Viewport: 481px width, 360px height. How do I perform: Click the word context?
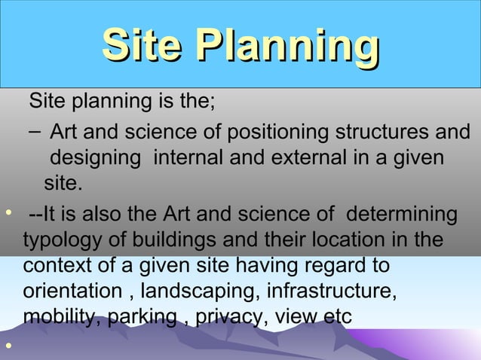[x=56, y=267]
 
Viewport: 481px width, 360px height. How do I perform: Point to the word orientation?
[x=71, y=292]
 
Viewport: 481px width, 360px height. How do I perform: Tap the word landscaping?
[x=204, y=292]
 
